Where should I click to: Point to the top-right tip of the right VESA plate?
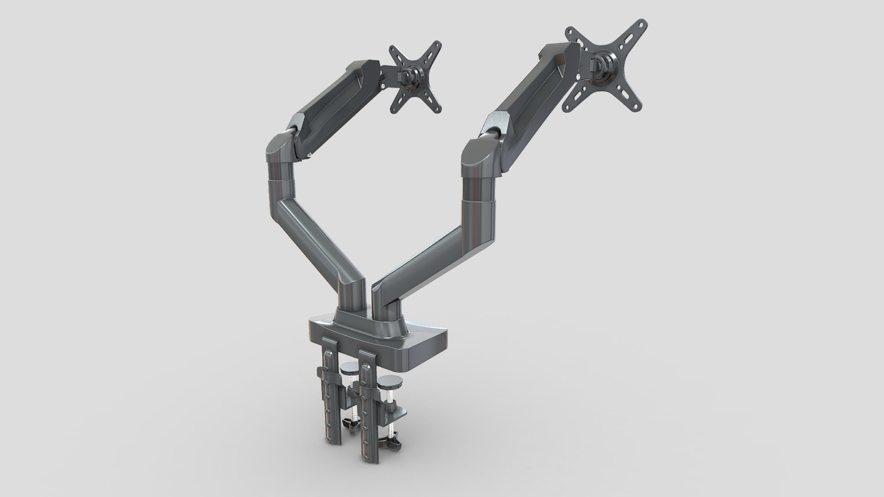point(640,24)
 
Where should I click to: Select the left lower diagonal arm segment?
point(318,230)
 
